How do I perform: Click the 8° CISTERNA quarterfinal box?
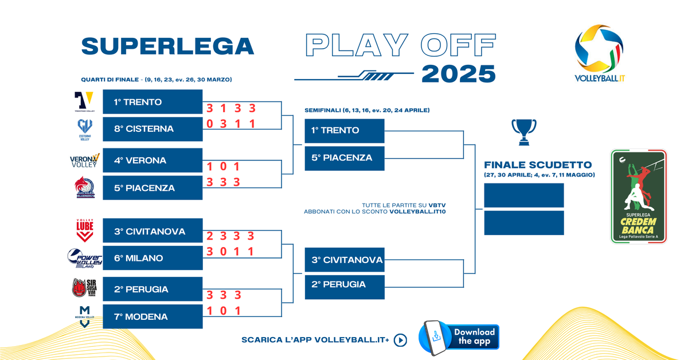[x=153, y=129]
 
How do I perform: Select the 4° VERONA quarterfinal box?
[x=153, y=161]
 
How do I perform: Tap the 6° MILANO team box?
[x=153, y=258]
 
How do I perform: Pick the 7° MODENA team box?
[x=153, y=316]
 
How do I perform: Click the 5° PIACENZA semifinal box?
[x=344, y=158]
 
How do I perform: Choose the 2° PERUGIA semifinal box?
[x=344, y=284]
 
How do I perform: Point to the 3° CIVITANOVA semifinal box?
[x=344, y=260]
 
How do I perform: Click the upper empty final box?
[x=524, y=195]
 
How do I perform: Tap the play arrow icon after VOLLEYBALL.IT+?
[x=401, y=340]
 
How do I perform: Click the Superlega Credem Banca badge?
[x=639, y=196]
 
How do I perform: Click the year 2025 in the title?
[x=458, y=73]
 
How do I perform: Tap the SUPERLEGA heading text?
[x=167, y=46]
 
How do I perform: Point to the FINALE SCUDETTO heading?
[x=538, y=165]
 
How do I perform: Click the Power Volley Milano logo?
[x=85, y=259]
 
